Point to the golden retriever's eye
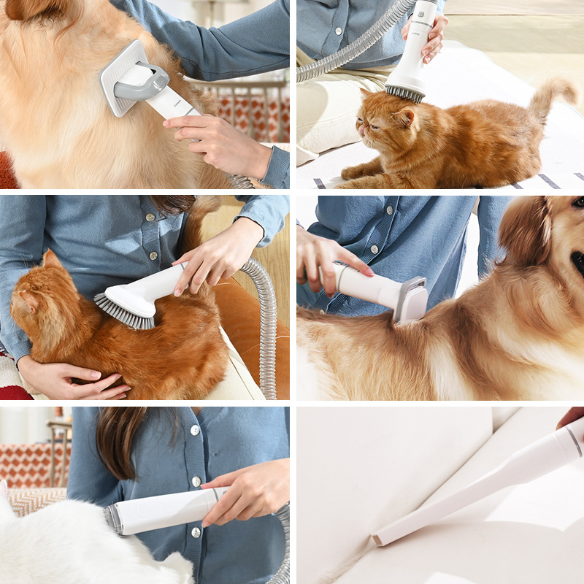tap(578, 202)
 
